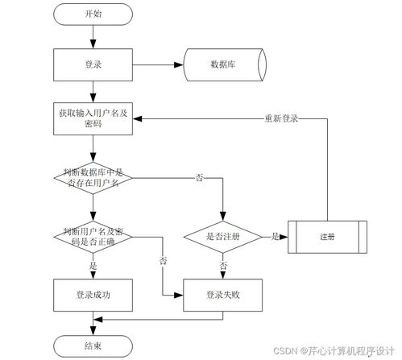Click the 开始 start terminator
click(93, 15)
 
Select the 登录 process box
click(93, 64)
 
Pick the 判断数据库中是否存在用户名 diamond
click(93, 177)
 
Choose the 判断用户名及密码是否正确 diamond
click(93, 234)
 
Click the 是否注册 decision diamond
click(223, 237)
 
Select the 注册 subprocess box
click(327, 237)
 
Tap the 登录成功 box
click(93, 296)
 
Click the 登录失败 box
click(223, 296)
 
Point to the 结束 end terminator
click(93, 346)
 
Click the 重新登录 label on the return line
click(282, 118)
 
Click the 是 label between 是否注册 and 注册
click(275, 236)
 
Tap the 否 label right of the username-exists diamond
click(199, 176)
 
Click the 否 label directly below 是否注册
click(223, 265)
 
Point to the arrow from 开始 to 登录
click(93, 37)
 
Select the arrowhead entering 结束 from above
click(93, 331)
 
